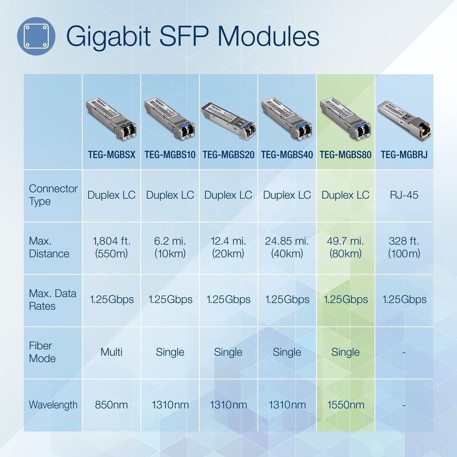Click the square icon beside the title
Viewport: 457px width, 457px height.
36,36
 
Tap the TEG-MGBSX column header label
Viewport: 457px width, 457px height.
111,154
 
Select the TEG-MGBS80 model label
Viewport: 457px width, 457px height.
345,154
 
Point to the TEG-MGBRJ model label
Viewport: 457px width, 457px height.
404,154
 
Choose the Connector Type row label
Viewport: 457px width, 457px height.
53,195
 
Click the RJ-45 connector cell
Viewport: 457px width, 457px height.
404,195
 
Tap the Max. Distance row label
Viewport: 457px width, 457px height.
49,247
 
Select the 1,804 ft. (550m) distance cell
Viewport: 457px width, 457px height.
111,247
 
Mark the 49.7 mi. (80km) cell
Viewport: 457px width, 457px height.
345,247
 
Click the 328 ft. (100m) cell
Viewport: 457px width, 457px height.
404,247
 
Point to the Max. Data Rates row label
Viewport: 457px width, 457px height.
52,300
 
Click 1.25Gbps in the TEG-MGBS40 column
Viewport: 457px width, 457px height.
287,300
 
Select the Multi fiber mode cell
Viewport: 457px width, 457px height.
111,352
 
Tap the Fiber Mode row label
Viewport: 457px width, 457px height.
42,352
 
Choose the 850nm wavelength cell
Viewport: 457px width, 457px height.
111,405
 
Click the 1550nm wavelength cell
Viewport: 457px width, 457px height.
345,405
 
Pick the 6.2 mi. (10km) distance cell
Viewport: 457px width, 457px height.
170,247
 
